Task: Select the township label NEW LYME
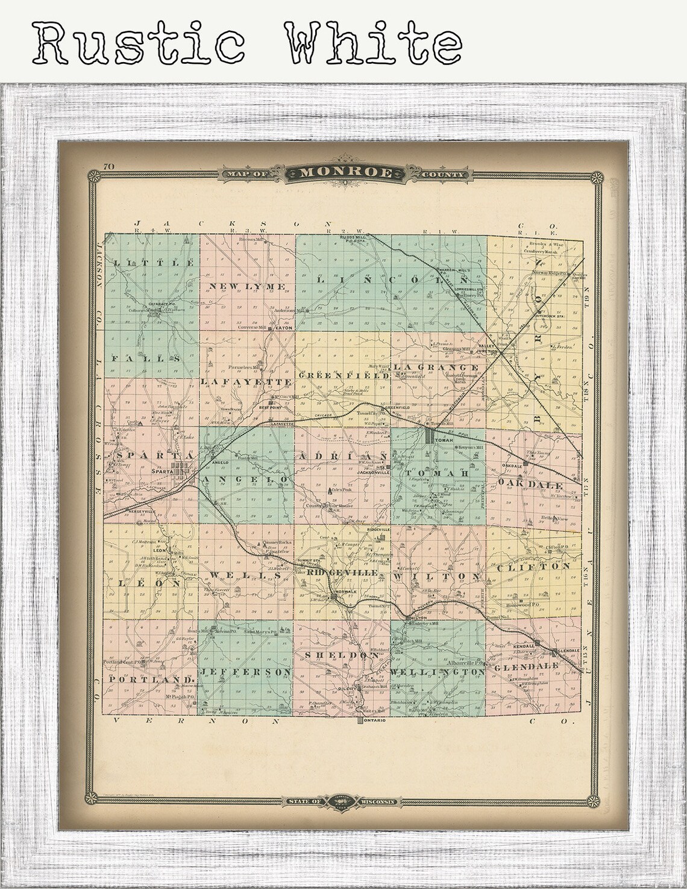click(x=247, y=285)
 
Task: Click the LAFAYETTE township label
click(x=245, y=382)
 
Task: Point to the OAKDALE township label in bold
click(x=531, y=485)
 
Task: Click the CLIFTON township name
click(x=534, y=567)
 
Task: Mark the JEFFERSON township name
click(x=246, y=671)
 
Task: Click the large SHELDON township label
click(x=340, y=655)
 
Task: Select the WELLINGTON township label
click(x=438, y=671)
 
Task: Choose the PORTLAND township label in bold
click(x=145, y=679)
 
